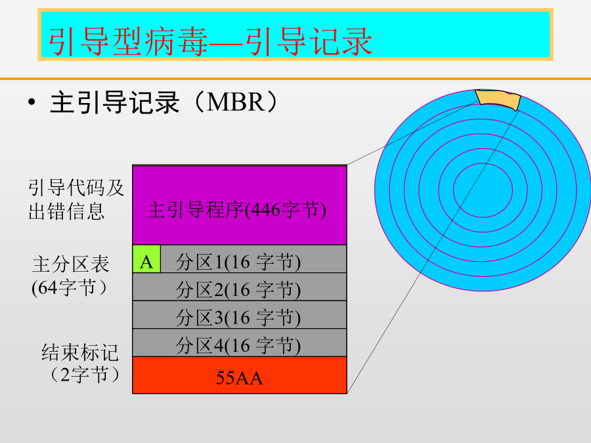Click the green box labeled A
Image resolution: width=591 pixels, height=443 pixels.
146,259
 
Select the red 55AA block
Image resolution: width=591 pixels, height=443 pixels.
240,375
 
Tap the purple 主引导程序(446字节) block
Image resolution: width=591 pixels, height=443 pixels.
240,205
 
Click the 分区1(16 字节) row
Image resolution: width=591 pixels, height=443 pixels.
253,259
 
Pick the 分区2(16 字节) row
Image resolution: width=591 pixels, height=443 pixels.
240,287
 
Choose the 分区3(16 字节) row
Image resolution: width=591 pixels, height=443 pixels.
240,314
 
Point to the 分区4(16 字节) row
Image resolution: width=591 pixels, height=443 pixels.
240,343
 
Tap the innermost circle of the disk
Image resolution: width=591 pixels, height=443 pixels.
483,163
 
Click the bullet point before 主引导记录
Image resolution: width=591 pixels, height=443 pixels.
32,102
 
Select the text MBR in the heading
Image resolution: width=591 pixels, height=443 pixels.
236,102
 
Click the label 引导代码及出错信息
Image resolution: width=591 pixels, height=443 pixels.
76,200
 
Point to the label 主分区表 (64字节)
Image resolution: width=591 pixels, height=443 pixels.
71,276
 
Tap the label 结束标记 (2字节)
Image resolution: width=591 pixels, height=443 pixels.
80,363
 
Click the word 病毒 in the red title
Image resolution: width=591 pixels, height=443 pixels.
177,42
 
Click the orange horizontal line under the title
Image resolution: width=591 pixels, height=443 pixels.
295,79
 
